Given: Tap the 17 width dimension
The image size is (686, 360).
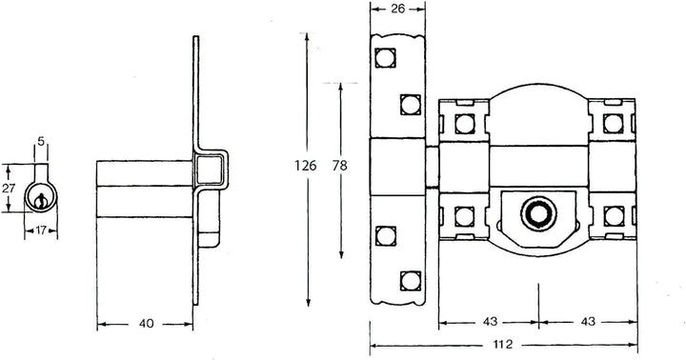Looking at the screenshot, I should click(41, 230).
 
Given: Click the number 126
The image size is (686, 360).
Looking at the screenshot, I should click(305, 165).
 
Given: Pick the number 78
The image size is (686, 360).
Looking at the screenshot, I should click(340, 165).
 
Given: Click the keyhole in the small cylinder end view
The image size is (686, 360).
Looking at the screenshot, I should click(40, 200).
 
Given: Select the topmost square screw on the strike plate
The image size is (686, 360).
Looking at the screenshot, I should click(387, 58).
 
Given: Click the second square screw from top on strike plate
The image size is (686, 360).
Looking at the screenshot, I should click(411, 103).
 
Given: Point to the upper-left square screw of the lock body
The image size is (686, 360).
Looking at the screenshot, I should click(465, 122).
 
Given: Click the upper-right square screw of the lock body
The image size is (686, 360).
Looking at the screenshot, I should click(612, 122).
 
